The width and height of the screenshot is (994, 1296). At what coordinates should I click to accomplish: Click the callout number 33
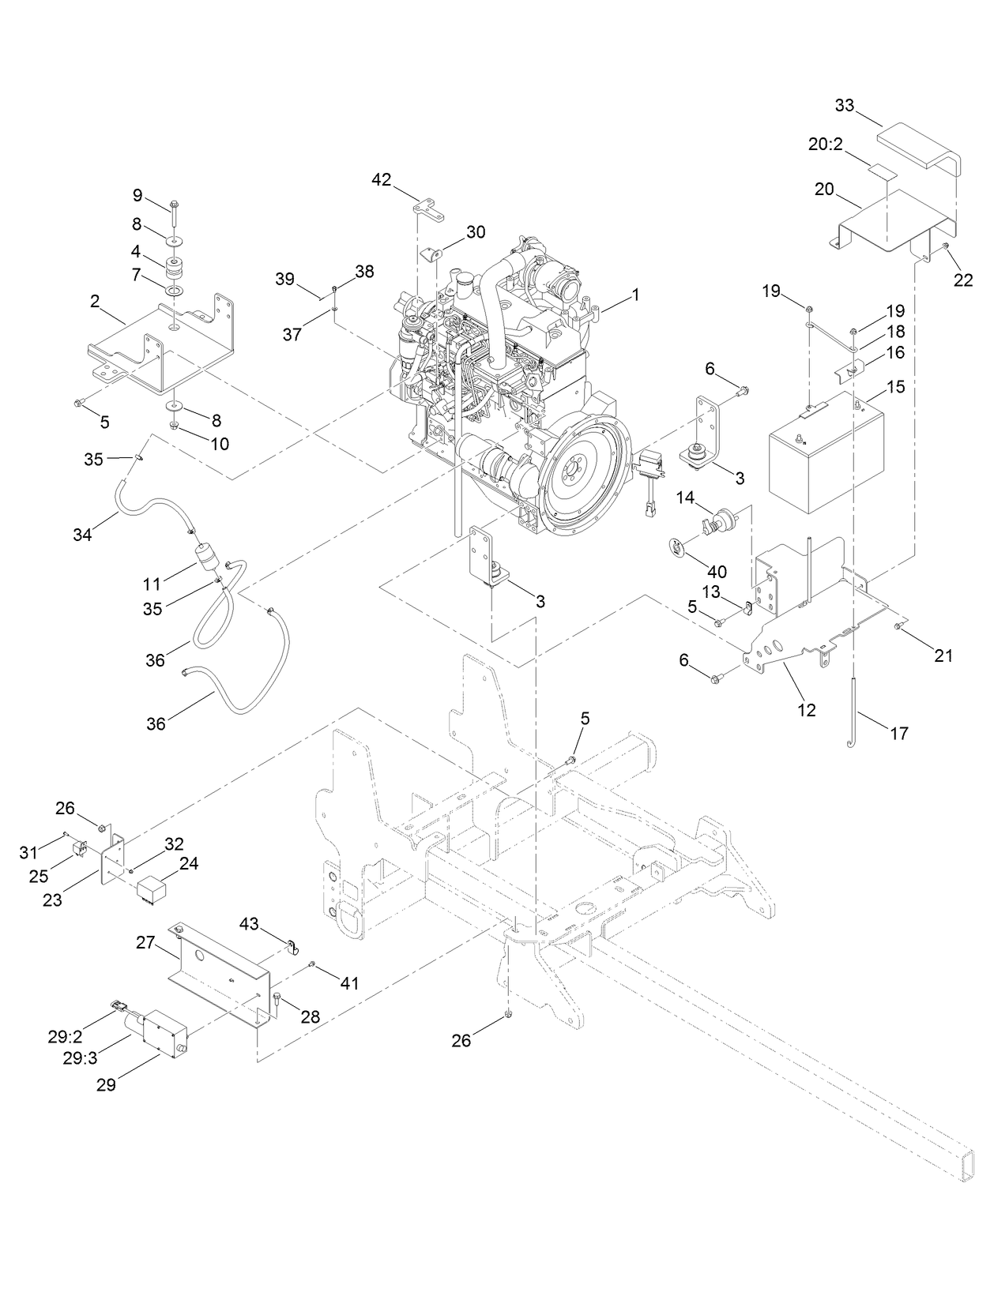point(845,105)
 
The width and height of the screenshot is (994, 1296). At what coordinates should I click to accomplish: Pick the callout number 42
point(381,180)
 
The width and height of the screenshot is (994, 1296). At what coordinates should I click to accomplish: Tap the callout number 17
point(898,734)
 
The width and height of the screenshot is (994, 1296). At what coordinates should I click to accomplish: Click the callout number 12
point(806,710)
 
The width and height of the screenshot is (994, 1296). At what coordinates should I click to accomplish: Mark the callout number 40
point(717,572)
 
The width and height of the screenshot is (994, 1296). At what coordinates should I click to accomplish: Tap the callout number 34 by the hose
point(82,535)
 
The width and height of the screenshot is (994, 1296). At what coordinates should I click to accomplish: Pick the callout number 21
point(943,655)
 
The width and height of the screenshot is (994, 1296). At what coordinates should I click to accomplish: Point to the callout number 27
point(145,942)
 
